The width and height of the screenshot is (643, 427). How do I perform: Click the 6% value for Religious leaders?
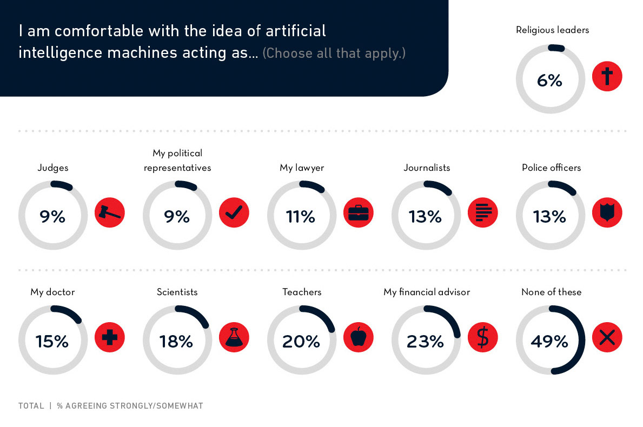[549, 81]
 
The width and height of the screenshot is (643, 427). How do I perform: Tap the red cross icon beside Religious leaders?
[607, 76]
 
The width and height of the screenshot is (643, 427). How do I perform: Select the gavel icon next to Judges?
[110, 212]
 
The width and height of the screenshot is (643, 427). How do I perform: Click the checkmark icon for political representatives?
[234, 212]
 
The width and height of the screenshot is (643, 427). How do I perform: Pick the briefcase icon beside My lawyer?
[359, 212]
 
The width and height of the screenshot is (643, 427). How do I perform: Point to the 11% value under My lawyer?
[301, 216]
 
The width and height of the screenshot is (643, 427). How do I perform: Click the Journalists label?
[427, 168]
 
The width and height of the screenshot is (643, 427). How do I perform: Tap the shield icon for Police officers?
[607, 212]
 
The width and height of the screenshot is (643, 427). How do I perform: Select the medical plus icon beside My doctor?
[110, 337]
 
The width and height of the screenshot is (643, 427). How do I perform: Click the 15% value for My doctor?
[52, 341]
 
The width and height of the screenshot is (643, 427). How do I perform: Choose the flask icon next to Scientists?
[234, 337]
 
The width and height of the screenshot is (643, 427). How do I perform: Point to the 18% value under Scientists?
[176, 341]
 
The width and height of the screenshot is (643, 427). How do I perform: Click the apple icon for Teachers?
[359, 337]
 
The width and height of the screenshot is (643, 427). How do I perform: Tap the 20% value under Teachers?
[301, 341]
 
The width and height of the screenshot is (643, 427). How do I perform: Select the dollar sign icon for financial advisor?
[483, 337]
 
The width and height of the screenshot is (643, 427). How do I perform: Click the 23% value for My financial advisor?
[426, 341]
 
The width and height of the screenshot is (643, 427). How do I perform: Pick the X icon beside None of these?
[607, 337]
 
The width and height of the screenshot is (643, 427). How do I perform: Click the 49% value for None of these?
[549, 341]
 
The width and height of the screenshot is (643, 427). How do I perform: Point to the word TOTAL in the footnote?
[31, 405]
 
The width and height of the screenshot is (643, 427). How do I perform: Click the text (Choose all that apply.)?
[334, 54]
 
